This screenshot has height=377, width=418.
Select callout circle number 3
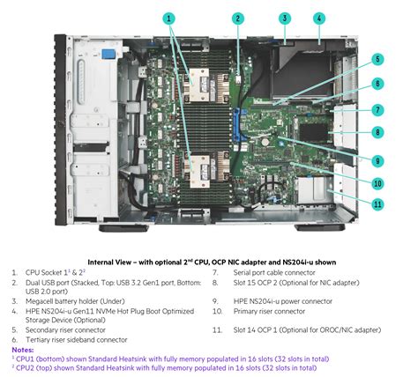[x=284, y=17]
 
